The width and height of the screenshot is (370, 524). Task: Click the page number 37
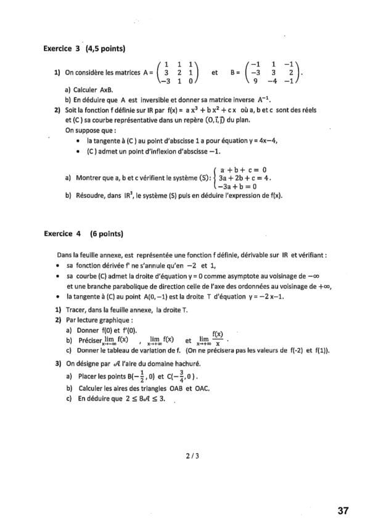(343, 510)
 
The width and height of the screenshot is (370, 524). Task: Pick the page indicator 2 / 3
(192, 456)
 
